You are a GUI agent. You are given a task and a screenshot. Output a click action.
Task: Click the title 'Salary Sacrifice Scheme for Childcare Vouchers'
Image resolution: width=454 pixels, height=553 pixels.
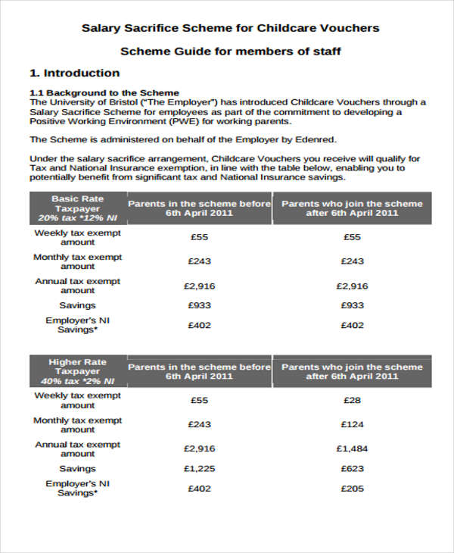tap(230, 28)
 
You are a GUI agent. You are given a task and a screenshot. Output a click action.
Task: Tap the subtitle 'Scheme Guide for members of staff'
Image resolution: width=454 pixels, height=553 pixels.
tap(230, 52)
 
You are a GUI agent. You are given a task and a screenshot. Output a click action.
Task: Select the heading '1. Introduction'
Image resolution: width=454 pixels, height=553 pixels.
tap(74, 73)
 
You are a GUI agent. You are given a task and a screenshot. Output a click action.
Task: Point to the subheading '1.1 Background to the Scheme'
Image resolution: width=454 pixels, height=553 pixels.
tap(104, 93)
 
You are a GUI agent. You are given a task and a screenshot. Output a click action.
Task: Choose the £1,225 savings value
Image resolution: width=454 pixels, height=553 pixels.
tap(200, 469)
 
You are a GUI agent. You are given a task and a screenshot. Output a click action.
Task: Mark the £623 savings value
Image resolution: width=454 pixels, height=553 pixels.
tap(352, 469)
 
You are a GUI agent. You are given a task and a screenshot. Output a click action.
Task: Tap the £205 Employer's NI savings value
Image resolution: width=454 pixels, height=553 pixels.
tap(352, 489)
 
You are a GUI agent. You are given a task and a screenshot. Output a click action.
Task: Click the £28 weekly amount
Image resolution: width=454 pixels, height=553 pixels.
tap(352, 400)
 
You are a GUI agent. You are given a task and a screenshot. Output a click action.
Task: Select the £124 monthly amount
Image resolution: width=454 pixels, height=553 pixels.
tap(352, 424)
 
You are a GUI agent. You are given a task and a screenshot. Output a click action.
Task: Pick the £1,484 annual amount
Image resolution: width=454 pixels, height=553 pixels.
tap(352, 449)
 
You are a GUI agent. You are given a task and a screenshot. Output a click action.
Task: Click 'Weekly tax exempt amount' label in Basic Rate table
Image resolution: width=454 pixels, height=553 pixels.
tap(77, 238)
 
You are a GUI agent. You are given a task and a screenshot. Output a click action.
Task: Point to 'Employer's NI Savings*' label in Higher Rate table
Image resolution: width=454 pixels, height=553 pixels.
tap(77, 488)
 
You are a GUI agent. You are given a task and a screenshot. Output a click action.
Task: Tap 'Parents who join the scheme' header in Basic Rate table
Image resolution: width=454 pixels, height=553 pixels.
tap(352, 204)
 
